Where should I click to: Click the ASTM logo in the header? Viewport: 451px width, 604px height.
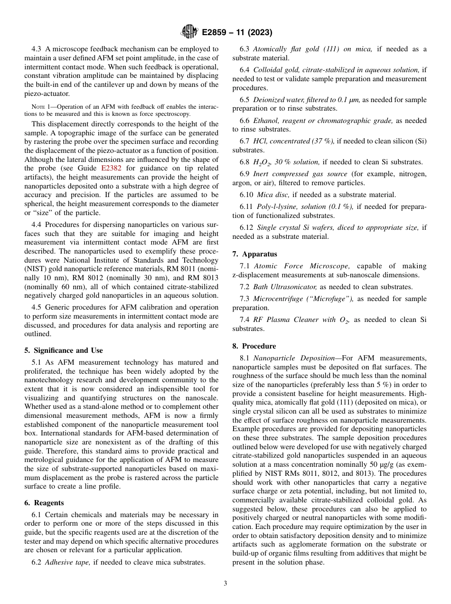tap(189, 32)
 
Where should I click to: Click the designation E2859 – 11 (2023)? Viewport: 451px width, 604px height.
tap(236, 33)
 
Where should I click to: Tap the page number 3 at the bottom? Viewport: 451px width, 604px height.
tap(225, 583)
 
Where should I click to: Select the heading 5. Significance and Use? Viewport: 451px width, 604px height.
tap(64, 350)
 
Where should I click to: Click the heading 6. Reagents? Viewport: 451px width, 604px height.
tap(44, 502)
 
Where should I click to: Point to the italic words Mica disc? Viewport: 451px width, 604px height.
tap(273, 195)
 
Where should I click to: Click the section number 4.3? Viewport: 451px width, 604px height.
tap(37, 49)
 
